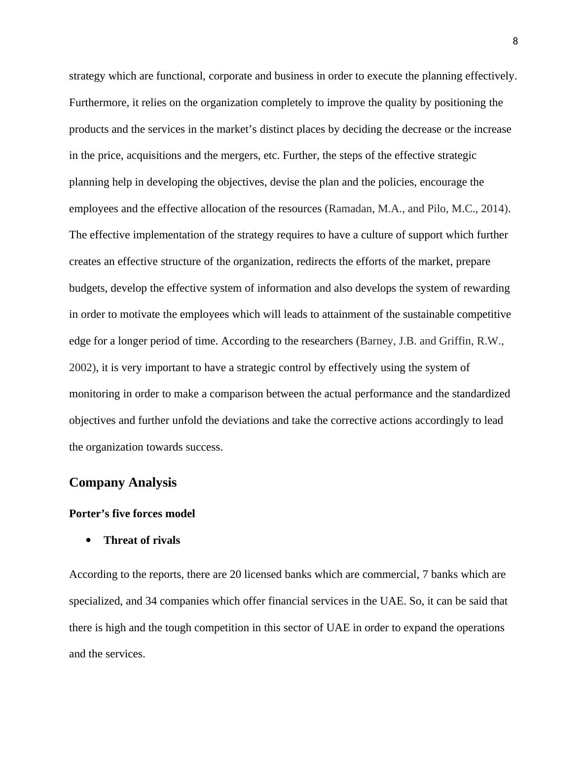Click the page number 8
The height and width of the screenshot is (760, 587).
[x=515, y=41]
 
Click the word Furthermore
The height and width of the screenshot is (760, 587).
[x=98, y=103]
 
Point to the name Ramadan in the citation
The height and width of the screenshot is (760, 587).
[x=350, y=208]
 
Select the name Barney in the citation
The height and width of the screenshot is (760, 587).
[x=377, y=341]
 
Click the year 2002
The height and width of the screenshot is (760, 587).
[x=80, y=368]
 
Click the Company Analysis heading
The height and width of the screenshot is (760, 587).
[x=123, y=482]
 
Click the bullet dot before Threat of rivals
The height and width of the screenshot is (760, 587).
[x=89, y=540]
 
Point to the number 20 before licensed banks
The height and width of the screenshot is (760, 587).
[x=235, y=574]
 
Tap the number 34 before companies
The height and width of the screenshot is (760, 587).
[x=151, y=601]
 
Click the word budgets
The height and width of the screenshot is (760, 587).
[x=87, y=288]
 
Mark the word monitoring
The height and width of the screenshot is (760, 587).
[x=94, y=394]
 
